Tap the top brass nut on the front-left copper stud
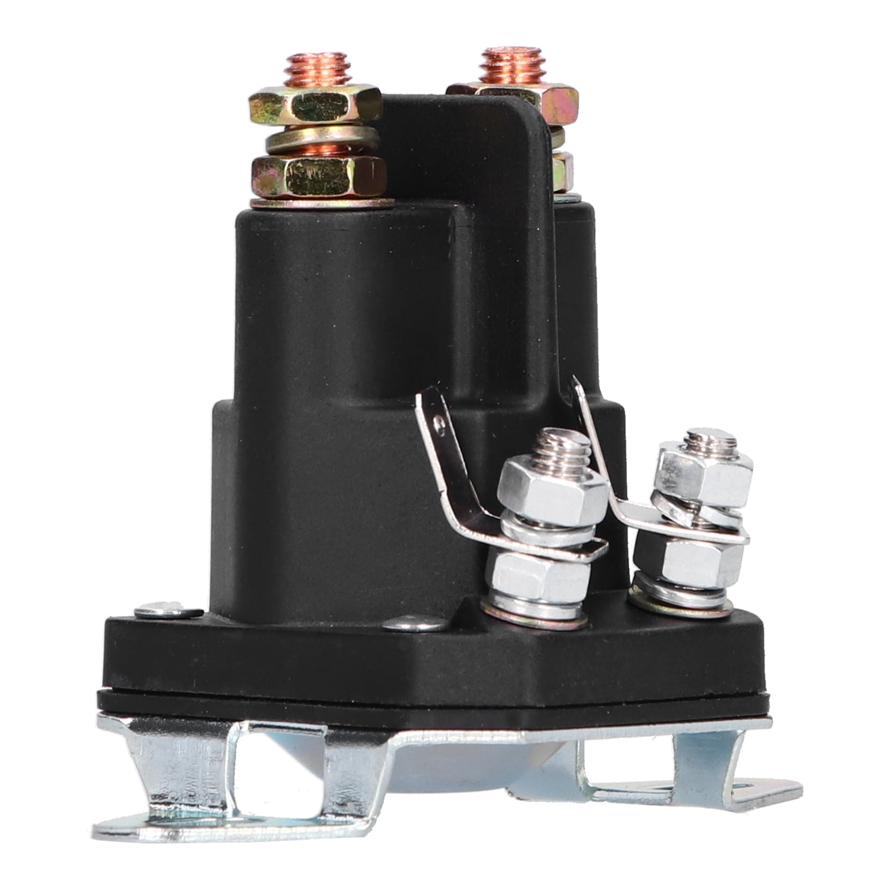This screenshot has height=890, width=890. click(x=315, y=107)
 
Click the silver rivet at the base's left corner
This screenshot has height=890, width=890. click(x=168, y=611)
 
